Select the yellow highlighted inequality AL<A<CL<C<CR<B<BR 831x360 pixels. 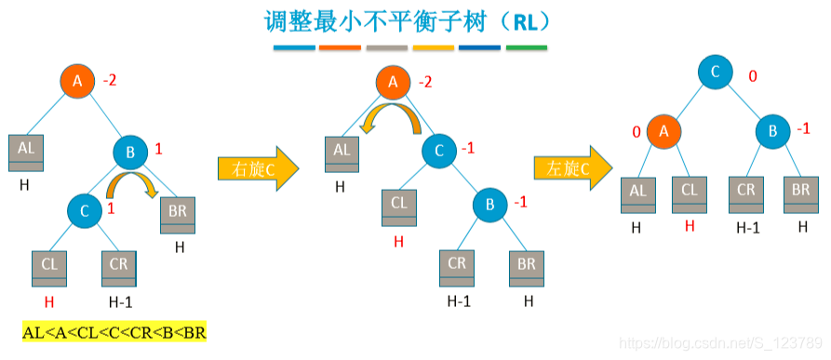(114, 332)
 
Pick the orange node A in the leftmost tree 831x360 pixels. (78, 82)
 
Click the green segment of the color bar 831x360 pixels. (527, 47)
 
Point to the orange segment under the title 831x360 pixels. (340, 47)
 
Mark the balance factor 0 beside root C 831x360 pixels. (754, 75)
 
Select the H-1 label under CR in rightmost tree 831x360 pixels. (748, 227)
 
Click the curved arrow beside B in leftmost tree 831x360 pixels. (131, 183)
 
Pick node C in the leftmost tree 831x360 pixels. (85, 212)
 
